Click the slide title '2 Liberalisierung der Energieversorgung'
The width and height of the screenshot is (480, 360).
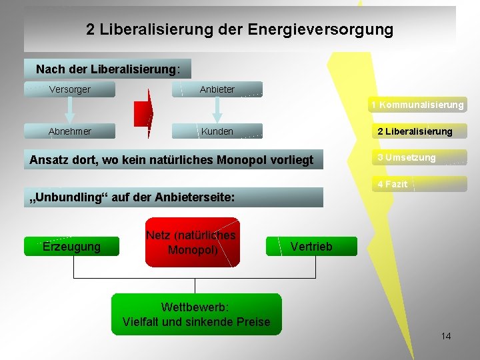click(x=239, y=30)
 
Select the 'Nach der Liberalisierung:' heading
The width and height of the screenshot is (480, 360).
click(x=107, y=69)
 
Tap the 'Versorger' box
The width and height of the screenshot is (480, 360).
click(x=70, y=89)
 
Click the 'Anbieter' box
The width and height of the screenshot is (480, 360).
click(x=217, y=89)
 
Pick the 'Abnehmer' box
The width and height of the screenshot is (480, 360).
click(x=70, y=131)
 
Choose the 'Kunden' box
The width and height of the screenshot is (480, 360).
click(x=217, y=131)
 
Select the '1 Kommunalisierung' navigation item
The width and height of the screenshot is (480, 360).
click(x=418, y=105)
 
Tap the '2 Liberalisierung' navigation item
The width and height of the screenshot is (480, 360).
click(x=415, y=131)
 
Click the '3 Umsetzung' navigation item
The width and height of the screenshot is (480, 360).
click(x=407, y=158)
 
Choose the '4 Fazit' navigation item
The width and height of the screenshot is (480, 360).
click(x=393, y=184)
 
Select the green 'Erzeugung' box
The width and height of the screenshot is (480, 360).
click(x=71, y=247)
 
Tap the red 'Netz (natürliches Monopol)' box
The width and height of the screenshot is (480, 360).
click(x=191, y=243)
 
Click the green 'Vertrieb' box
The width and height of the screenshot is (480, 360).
click(x=311, y=247)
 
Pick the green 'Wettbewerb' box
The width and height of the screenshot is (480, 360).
click(x=196, y=314)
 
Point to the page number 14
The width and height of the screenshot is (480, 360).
click(x=446, y=336)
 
